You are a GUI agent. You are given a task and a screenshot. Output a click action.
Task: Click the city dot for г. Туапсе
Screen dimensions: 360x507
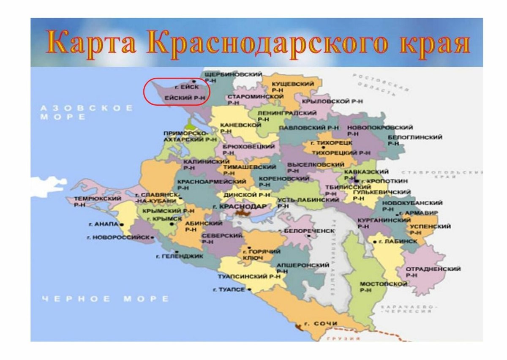(x=250, y=290)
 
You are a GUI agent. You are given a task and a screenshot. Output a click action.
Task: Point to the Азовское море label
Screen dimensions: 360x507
(x=86, y=112)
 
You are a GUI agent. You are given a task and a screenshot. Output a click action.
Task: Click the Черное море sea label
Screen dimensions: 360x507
(x=105, y=299)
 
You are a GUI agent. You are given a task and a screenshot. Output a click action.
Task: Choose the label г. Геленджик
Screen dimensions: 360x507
(x=180, y=256)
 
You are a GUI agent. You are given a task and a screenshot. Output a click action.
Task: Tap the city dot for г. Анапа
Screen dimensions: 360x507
(x=122, y=225)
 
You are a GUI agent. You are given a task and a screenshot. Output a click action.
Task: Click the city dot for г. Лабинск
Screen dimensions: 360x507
(x=374, y=241)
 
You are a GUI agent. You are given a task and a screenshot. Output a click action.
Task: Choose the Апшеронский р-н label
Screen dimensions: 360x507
(x=302, y=268)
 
